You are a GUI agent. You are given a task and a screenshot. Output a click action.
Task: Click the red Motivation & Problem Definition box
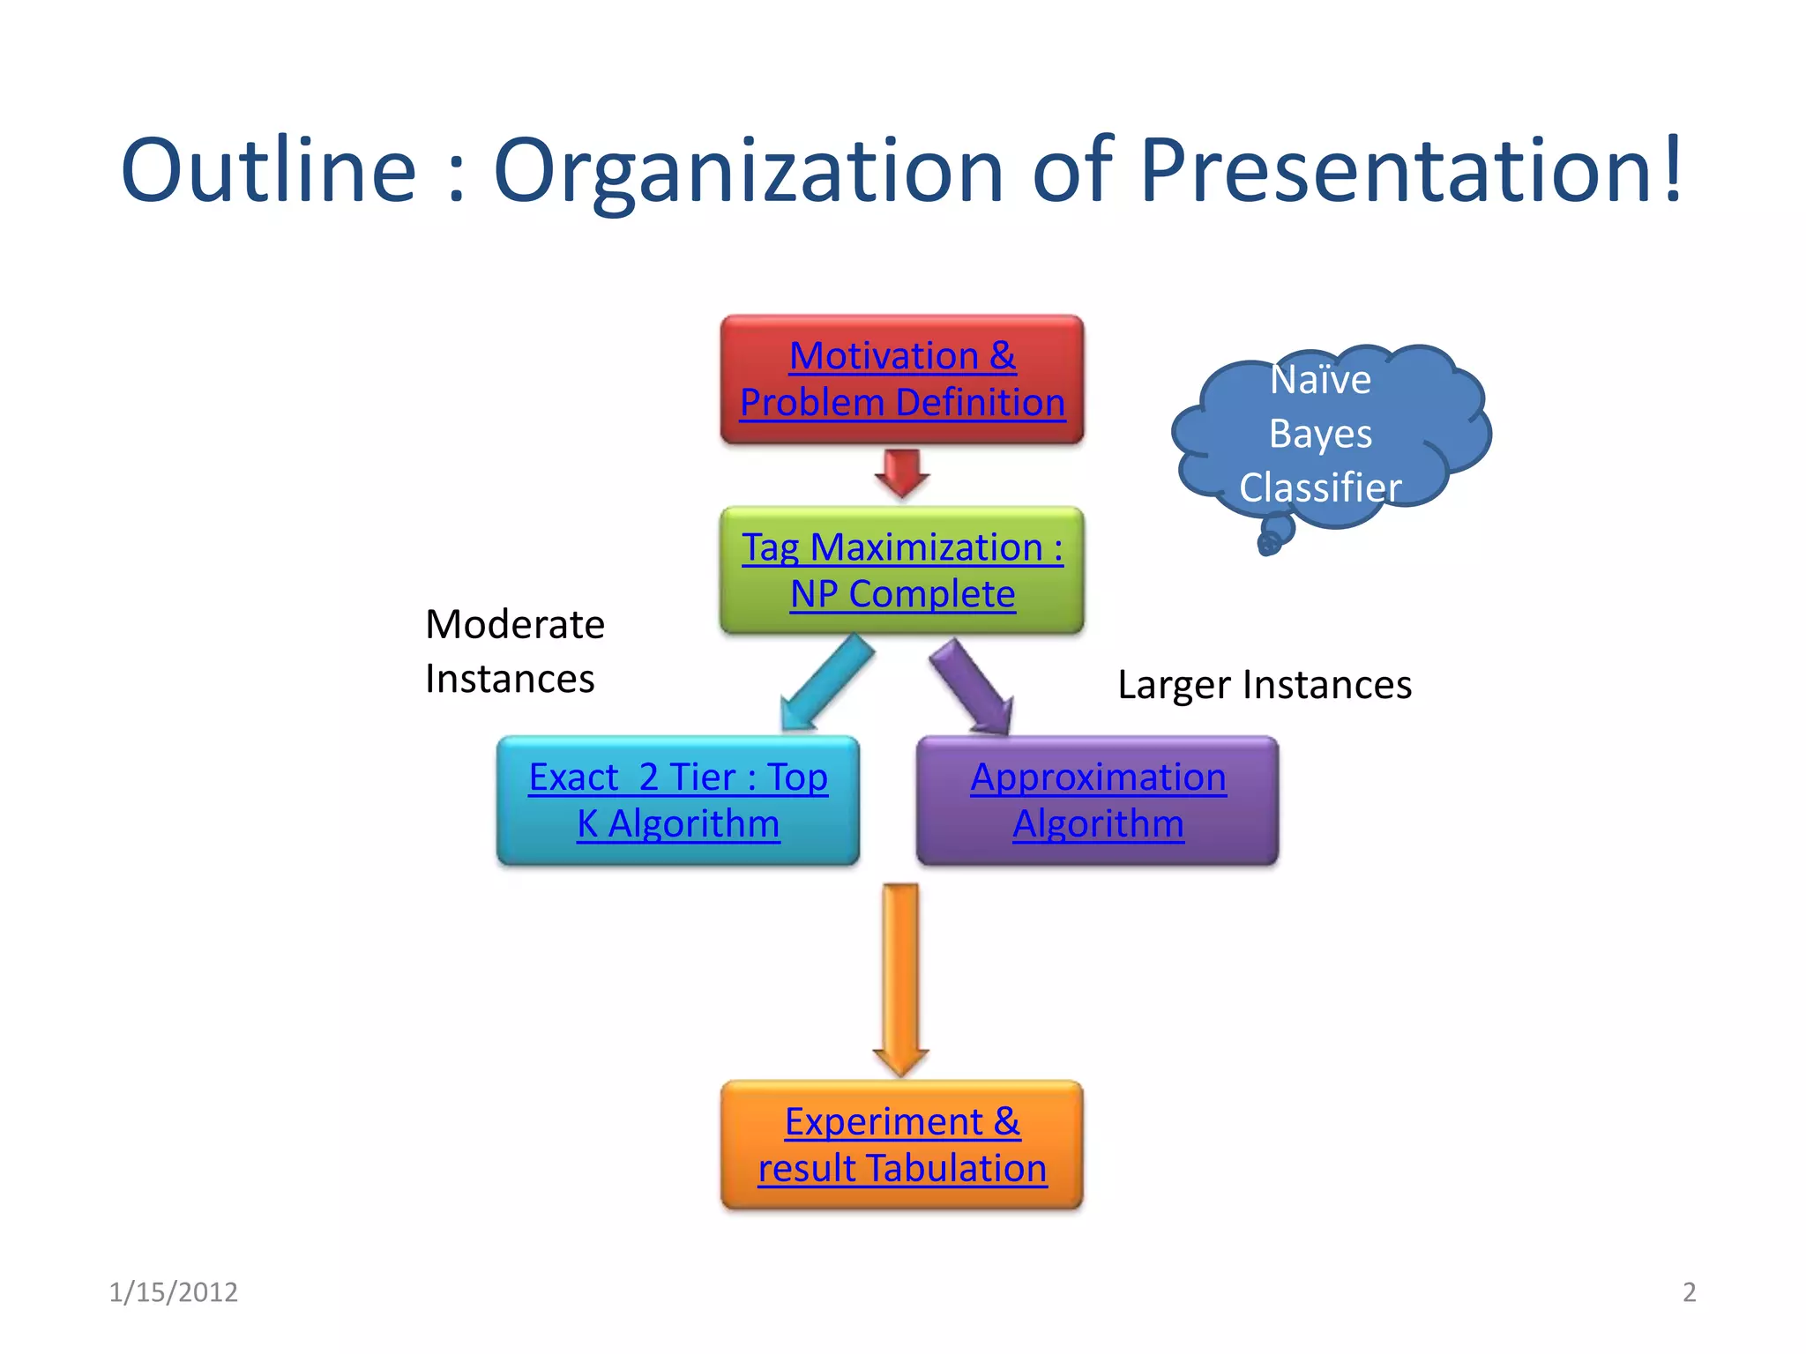pos(902,379)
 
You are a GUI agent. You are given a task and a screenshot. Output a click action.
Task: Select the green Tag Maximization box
pos(902,570)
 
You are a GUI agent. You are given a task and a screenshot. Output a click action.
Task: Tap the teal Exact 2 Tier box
pos(678,800)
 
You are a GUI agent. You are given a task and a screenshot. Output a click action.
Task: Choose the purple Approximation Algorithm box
pos(1098,800)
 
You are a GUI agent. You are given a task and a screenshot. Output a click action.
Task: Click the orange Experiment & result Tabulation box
pos(902,1144)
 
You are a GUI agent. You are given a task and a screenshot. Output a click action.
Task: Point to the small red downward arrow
pos(901,472)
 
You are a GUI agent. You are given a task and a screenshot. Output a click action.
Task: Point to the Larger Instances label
pos(1265,685)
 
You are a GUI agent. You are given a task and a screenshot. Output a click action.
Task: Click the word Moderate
pos(515,625)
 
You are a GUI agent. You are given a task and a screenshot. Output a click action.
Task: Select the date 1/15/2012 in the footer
pos(173,1291)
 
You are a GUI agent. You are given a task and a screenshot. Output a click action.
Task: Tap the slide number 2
pos(1689,1291)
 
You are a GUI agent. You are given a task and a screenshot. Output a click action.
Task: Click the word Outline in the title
pos(268,169)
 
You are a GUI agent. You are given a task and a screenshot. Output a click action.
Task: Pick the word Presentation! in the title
pos(1411,169)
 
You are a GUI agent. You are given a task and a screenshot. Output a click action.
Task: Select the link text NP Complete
pos(902,594)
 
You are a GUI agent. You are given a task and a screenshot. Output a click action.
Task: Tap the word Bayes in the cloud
pos(1320,434)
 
